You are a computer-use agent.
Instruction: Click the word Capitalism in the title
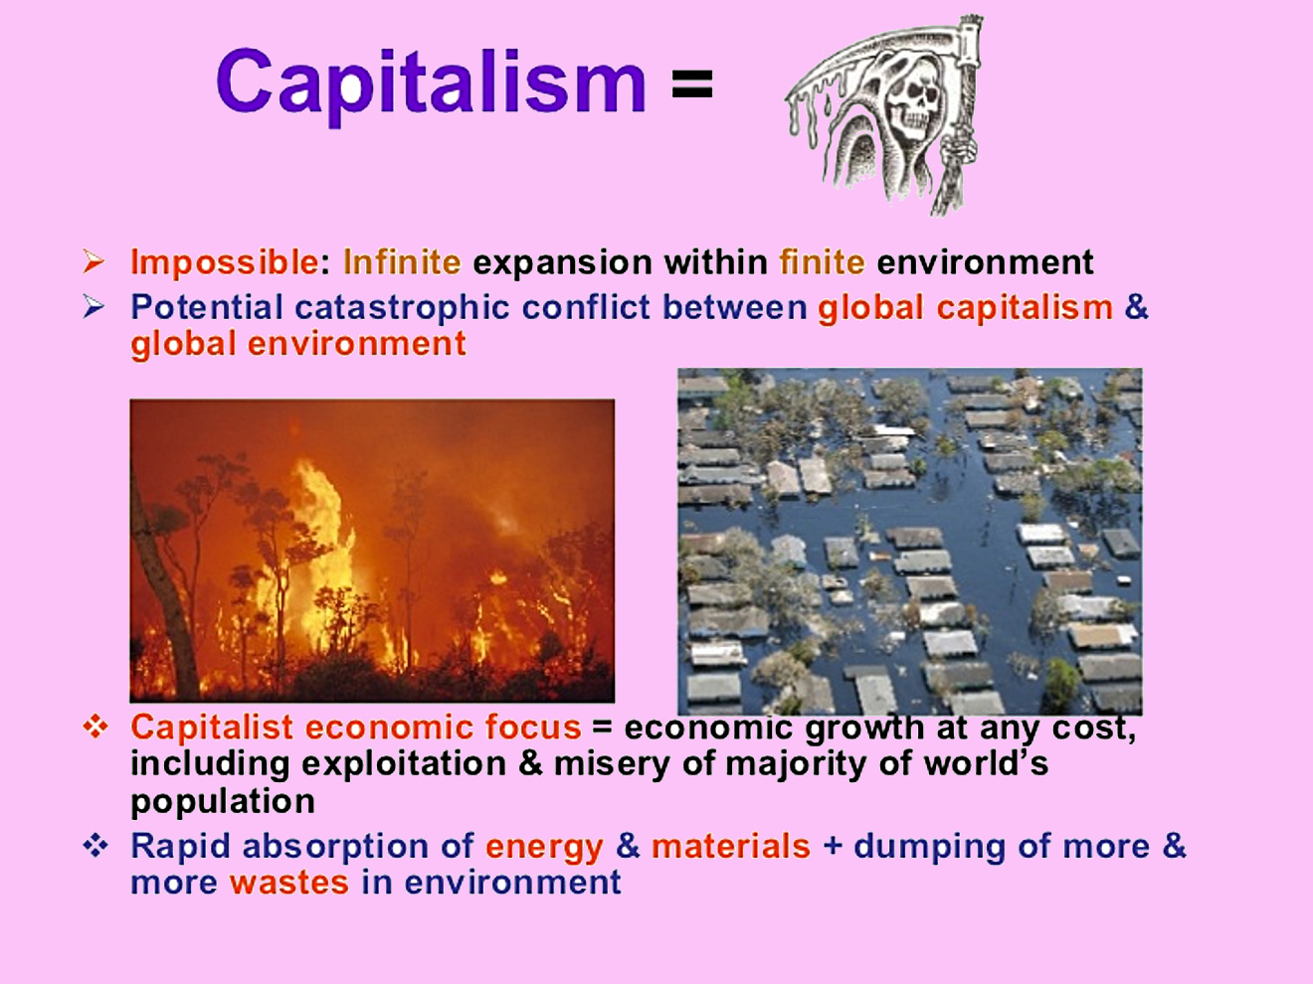[431, 83]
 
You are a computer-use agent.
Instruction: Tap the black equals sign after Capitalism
[692, 83]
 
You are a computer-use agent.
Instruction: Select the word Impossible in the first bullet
[225, 262]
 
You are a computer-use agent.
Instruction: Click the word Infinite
[402, 261]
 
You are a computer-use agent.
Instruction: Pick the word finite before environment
[822, 261]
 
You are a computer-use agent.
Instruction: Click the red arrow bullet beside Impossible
[94, 261]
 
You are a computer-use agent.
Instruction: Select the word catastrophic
[402, 308]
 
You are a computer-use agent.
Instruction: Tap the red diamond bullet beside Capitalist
[95, 728]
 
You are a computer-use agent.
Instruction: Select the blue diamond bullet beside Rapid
[95, 846]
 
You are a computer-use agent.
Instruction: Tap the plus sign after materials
[833, 847]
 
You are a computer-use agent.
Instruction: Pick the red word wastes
[288, 883]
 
